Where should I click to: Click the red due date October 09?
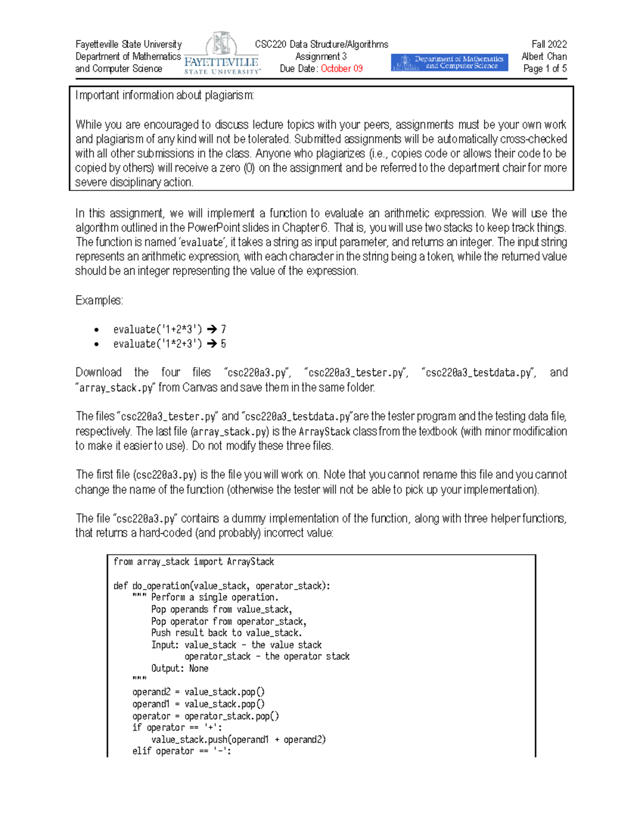click(x=341, y=69)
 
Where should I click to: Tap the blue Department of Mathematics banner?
click(x=449, y=62)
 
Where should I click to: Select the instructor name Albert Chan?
click(x=544, y=56)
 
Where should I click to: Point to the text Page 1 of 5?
click(x=544, y=69)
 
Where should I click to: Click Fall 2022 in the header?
click(x=549, y=44)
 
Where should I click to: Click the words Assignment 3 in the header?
click(x=321, y=56)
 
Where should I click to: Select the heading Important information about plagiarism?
click(x=165, y=95)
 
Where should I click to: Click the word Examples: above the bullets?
click(x=99, y=300)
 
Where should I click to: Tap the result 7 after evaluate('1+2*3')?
click(x=223, y=329)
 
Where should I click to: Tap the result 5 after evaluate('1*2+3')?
click(x=223, y=344)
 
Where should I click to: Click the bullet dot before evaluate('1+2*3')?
click(x=96, y=330)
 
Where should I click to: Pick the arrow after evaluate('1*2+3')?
click(x=212, y=344)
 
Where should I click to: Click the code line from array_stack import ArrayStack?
click(x=193, y=562)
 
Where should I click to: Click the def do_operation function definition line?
click(x=221, y=586)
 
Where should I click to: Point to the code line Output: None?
click(x=180, y=668)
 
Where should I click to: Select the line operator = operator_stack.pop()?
click(x=205, y=716)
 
